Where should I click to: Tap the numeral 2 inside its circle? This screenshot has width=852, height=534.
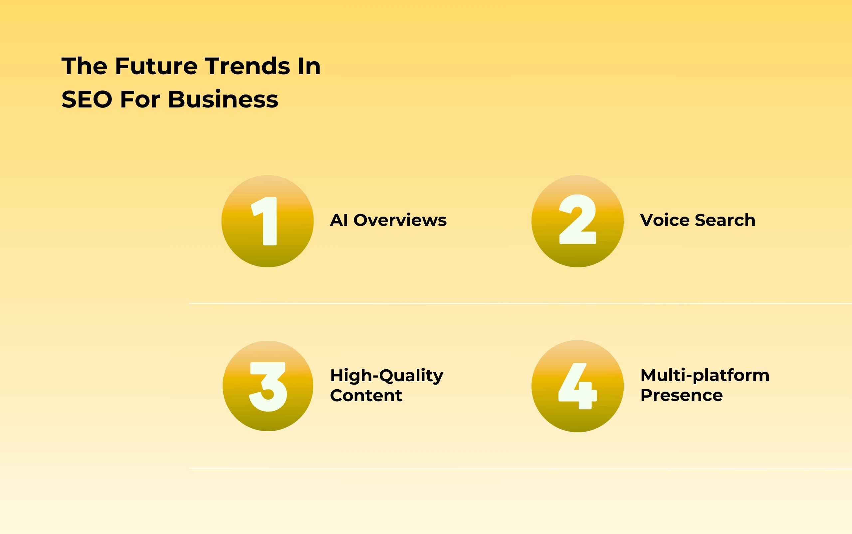coord(577,220)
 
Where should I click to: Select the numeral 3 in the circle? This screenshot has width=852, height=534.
coord(268,386)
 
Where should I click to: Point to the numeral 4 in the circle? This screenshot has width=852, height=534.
coord(577,386)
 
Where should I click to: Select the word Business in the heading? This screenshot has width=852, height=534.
coord(223,99)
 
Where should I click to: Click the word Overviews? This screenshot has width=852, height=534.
coord(400,220)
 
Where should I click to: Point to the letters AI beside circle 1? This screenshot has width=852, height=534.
coord(339,220)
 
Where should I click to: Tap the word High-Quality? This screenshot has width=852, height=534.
coord(386,375)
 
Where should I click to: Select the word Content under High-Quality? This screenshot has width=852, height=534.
coord(366,395)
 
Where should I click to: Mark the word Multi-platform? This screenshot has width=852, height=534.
coord(705,375)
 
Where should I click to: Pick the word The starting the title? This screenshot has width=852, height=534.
coord(85,66)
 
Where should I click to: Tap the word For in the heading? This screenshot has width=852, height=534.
coord(140,99)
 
